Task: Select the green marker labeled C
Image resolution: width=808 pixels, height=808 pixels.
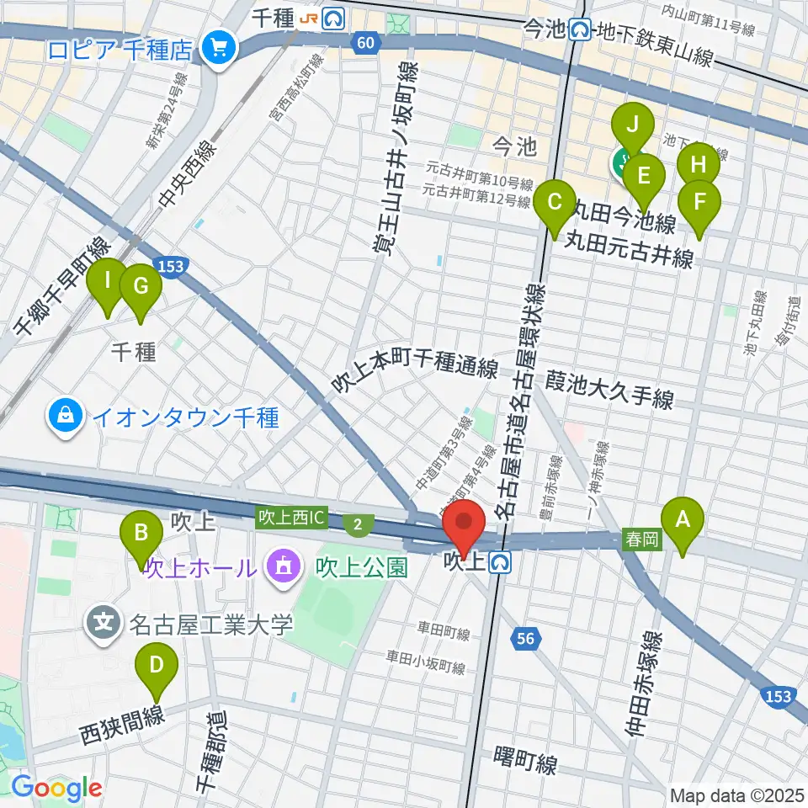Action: pyautogui.click(x=555, y=204)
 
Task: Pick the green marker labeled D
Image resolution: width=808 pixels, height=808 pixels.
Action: pyautogui.click(x=157, y=665)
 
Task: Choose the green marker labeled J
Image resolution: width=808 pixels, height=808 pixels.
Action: pyautogui.click(x=633, y=126)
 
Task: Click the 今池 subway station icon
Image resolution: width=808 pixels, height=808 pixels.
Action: pyautogui.click(x=581, y=31)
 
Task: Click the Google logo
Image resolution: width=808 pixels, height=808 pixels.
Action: pyautogui.click(x=56, y=788)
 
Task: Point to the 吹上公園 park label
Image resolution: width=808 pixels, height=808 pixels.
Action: pyautogui.click(x=363, y=567)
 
